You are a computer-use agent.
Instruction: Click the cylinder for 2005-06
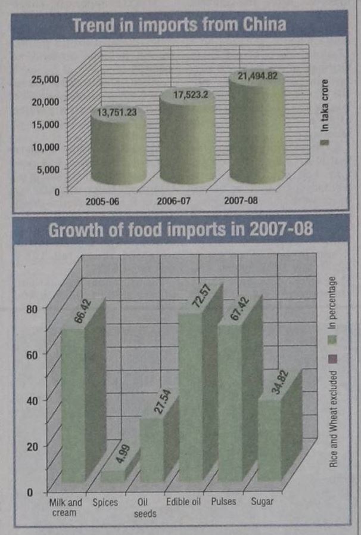coord(118,149)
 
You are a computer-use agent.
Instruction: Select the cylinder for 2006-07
coord(186,143)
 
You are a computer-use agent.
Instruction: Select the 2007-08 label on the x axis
coord(241,202)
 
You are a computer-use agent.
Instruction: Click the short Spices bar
coord(112,475)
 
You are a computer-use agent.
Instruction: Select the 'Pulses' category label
coord(223,502)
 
